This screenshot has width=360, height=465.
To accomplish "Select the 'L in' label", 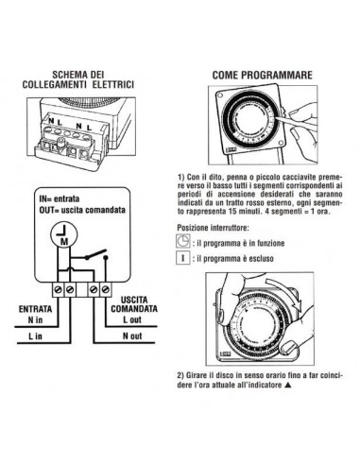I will pyautogui.click(x=35, y=335).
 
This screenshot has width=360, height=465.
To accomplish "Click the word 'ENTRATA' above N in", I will pyautogui.click(x=37, y=308).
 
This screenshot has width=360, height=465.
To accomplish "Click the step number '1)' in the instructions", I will pyautogui.click(x=180, y=176).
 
